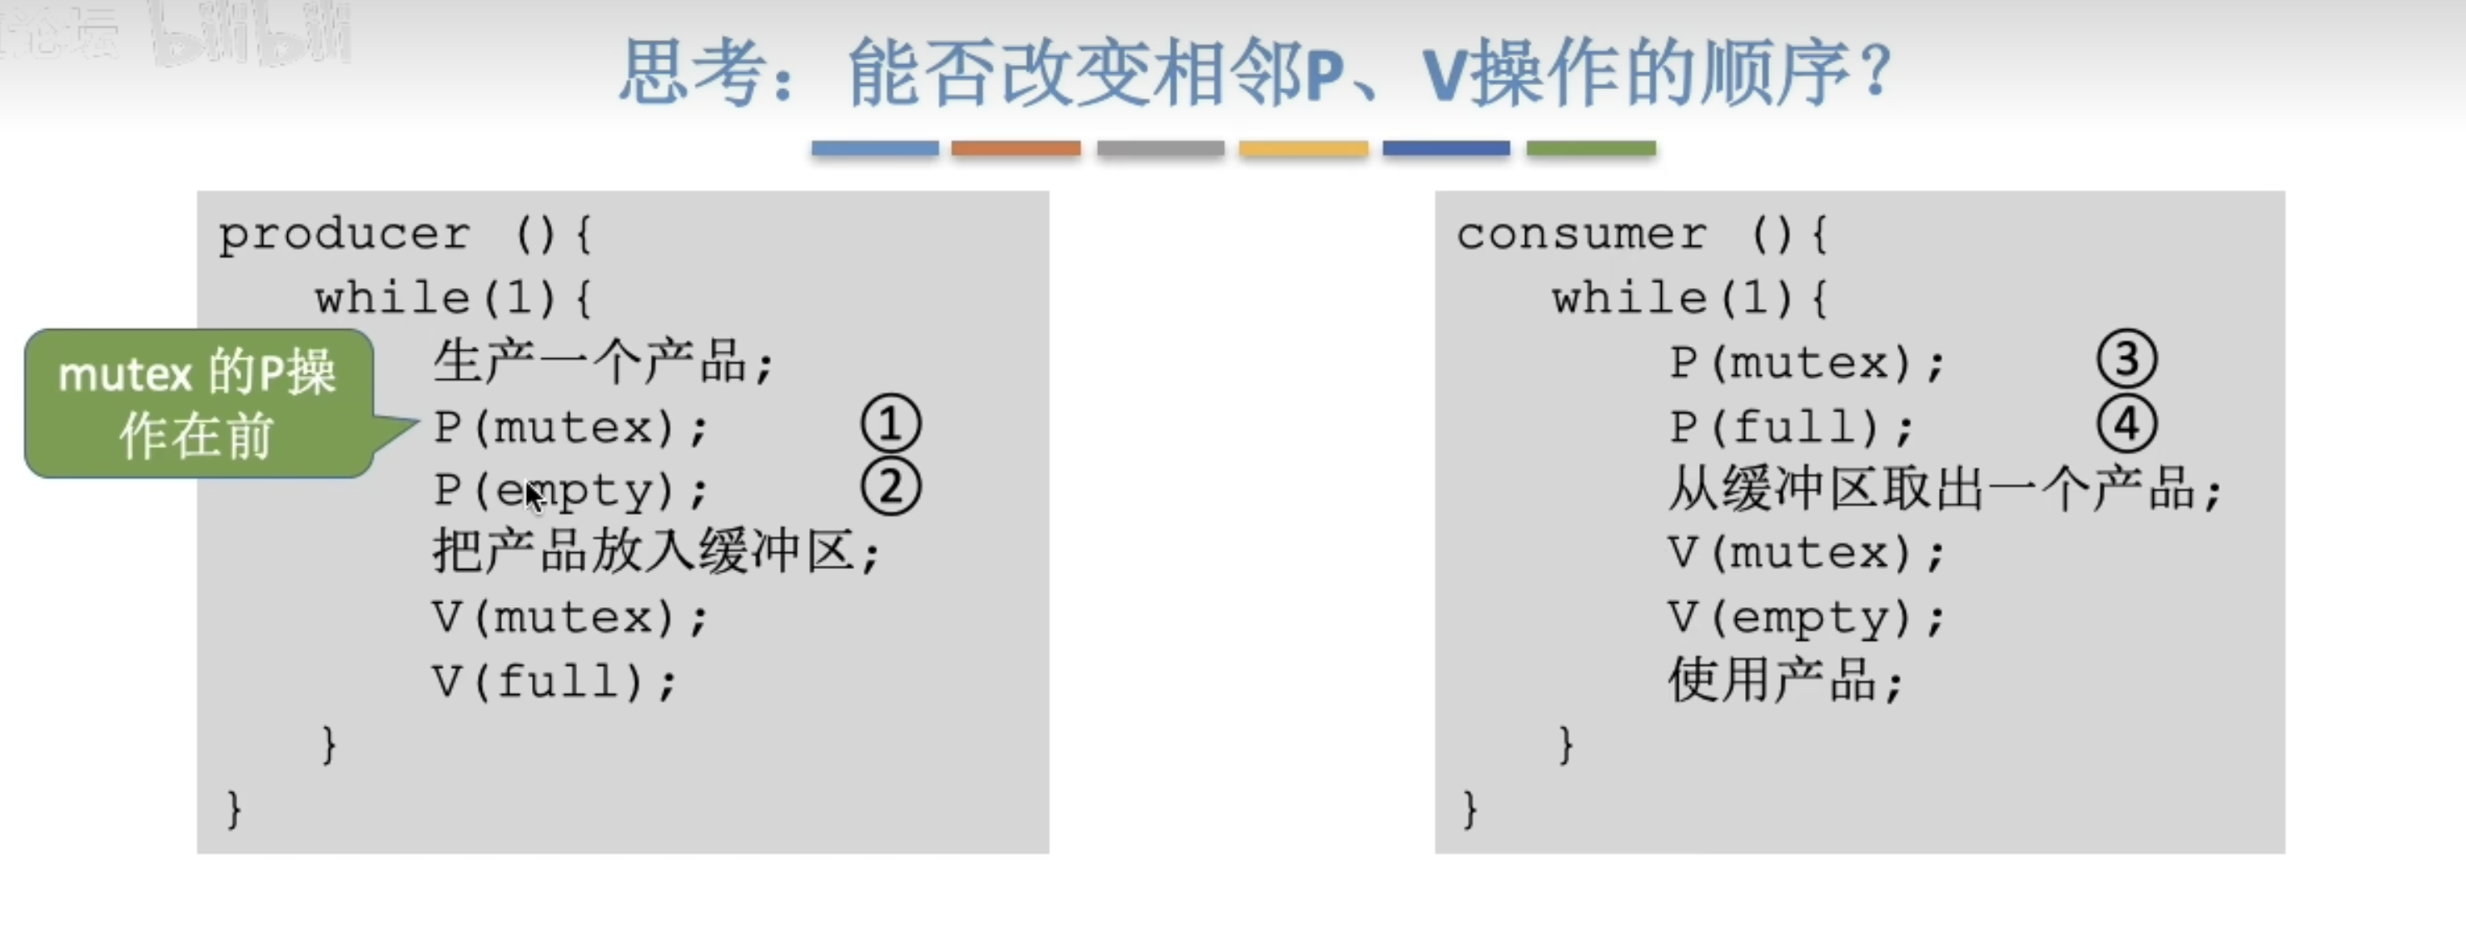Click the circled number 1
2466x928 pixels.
coord(890,425)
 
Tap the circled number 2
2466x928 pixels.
coord(890,487)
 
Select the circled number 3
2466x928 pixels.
coord(2126,360)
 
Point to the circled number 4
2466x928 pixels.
coord(2126,424)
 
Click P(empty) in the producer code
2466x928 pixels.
coord(570,491)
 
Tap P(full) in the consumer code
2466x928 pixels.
coord(1790,427)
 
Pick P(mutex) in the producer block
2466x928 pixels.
coord(570,427)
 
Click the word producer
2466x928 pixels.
coord(345,235)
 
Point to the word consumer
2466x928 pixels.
coord(1582,235)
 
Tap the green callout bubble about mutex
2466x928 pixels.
coord(197,403)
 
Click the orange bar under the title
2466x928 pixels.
coord(1016,148)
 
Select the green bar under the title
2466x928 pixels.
coord(1590,148)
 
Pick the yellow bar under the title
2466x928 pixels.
coord(1303,148)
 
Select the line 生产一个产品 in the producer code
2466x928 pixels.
coord(603,363)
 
